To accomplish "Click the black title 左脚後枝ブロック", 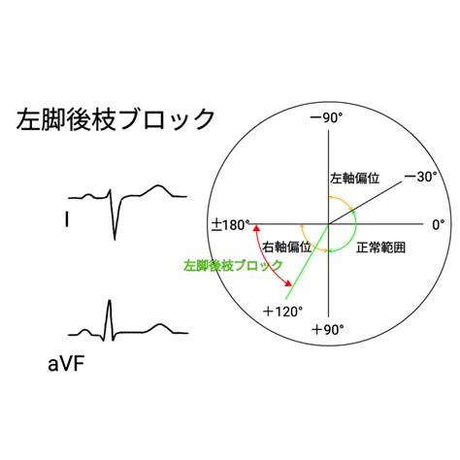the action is (115, 119).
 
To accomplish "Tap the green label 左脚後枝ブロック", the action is (233, 266).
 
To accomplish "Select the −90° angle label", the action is (326, 118).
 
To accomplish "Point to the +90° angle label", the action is (327, 330).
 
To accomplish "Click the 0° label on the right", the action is (439, 224).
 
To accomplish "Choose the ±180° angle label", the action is (231, 225).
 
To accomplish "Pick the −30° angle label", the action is (420, 177).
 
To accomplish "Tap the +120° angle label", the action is (283, 312).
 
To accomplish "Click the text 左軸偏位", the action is (354, 179).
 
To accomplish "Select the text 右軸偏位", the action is (287, 247).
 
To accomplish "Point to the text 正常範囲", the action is (380, 247).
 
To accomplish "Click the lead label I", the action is (67, 220).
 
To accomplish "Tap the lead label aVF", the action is (66, 365).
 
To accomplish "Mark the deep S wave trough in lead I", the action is (115, 240).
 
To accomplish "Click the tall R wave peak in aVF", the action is (110, 301).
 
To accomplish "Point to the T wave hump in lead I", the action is (158, 185).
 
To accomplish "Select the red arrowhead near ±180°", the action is (256, 229).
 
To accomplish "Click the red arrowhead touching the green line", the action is (287, 283).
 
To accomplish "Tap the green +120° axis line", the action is (308, 261).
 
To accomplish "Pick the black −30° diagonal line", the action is (366, 203).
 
